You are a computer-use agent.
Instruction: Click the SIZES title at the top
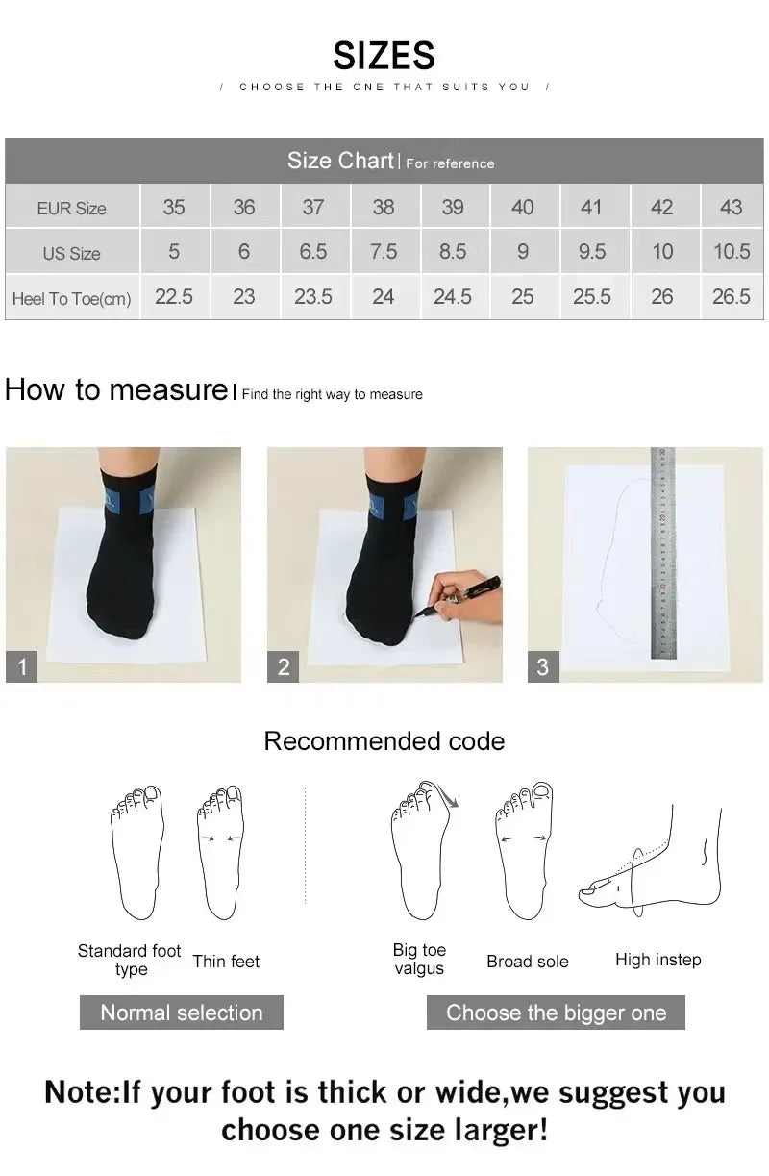(384, 55)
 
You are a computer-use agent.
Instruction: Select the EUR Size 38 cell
(383, 207)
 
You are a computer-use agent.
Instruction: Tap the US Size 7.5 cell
(383, 252)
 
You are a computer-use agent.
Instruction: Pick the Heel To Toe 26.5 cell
(731, 297)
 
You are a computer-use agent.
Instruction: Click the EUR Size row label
(71, 208)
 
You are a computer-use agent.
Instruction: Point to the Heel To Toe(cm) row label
(71, 298)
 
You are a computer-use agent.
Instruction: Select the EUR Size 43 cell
(731, 207)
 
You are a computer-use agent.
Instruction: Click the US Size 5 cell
(174, 252)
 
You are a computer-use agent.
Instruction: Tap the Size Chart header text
(340, 161)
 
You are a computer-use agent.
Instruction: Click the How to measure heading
(115, 389)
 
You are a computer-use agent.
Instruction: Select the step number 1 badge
(22, 666)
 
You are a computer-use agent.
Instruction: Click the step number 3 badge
(543, 666)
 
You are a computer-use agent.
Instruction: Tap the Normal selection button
(181, 1013)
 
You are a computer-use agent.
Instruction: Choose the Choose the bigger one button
(556, 1013)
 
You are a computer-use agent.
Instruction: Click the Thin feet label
(226, 961)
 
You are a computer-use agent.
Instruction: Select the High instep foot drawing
(654, 861)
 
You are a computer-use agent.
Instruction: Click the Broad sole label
(527, 961)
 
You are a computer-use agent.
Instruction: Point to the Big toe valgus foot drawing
(420, 851)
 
